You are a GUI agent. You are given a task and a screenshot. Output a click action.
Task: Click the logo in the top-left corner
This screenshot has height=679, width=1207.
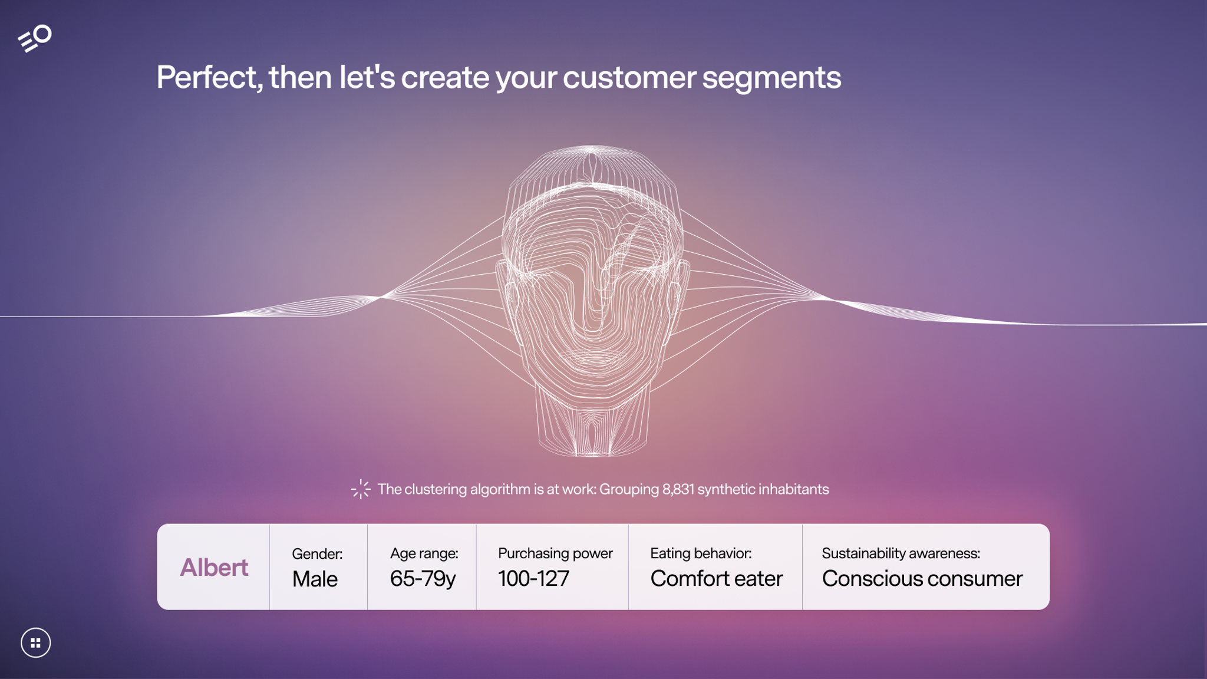pyautogui.click(x=35, y=38)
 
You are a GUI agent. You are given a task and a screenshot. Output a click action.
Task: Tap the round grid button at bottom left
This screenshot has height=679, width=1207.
pyautogui.click(x=35, y=642)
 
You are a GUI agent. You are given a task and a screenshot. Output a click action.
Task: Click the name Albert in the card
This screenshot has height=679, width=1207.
pyautogui.click(x=214, y=567)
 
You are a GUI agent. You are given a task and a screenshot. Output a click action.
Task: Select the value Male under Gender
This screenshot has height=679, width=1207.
pyautogui.click(x=315, y=579)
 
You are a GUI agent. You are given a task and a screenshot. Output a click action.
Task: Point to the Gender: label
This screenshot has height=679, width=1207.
pyautogui.click(x=317, y=553)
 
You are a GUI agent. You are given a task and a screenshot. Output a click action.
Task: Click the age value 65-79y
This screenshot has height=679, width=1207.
pyautogui.click(x=423, y=579)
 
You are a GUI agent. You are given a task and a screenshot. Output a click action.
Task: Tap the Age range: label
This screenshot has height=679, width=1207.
pyautogui.click(x=424, y=553)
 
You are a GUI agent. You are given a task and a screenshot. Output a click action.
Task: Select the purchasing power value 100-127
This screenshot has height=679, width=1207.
pyautogui.click(x=533, y=579)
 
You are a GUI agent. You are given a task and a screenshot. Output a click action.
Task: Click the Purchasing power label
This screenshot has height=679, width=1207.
pyautogui.click(x=555, y=553)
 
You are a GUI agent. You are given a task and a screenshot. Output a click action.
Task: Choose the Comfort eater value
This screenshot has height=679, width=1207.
pyautogui.click(x=716, y=579)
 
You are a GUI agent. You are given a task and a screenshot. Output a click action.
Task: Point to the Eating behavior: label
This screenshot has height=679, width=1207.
pyautogui.click(x=701, y=553)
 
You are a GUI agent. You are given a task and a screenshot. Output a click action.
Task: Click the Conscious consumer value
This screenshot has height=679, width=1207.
pyautogui.click(x=922, y=579)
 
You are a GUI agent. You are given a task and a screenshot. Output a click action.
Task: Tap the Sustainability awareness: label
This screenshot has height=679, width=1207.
pyautogui.click(x=901, y=553)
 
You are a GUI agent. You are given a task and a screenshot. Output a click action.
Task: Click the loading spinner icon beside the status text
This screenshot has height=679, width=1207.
pyautogui.click(x=361, y=489)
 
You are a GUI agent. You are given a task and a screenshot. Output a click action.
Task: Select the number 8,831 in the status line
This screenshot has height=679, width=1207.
pyautogui.click(x=678, y=489)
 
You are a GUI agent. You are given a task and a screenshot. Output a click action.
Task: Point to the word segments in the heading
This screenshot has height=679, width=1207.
pyautogui.click(x=771, y=78)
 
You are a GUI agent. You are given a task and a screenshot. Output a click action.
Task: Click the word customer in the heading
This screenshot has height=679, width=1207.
pyautogui.click(x=629, y=78)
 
